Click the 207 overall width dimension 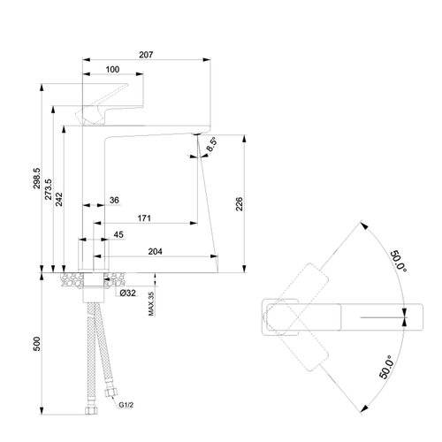pyautogui.click(x=146, y=55)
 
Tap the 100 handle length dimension pyautogui.click(x=112, y=70)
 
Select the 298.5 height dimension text pyautogui.click(x=37, y=179)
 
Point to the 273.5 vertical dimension pyautogui.click(x=49, y=189)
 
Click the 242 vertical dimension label pyautogui.click(x=59, y=199)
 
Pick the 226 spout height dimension pyautogui.click(x=240, y=204)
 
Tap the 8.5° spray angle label pyautogui.click(x=211, y=144)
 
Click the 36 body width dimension pyautogui.click(x=114, y=201)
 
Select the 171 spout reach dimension pyautogui.click(x=144, y=218)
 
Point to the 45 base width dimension pyautogui.click(x=118, y=235)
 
